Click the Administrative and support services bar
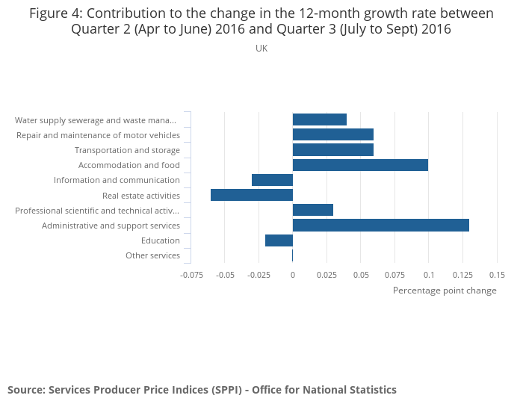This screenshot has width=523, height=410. coord(381,225)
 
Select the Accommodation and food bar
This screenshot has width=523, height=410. coord(360,165)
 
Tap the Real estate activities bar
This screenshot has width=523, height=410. coord(252,195)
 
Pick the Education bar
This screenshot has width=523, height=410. coord(279,240)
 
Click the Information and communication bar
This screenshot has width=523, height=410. coord(272,180)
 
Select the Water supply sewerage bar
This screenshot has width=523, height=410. coord(320,119)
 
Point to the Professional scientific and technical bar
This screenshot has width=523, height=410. coord(313,210)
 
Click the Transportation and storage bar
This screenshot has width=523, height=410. coord(333,150)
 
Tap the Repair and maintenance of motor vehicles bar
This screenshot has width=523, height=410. coord(333,134)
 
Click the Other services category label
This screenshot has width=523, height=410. coord(152,255)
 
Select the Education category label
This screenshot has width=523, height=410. coord(161,240)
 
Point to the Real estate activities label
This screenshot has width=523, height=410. coord(141,196)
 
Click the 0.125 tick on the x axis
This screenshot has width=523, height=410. coord(462,274)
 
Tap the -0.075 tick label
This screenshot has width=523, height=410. coord(191,274)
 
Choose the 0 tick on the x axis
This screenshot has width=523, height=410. coord(293,274)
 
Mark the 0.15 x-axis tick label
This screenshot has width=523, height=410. coord(497,274)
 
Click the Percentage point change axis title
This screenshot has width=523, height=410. coord(445,291)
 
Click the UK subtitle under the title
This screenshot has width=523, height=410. coord(261,49)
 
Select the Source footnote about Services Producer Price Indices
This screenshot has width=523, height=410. coord(202,390)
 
